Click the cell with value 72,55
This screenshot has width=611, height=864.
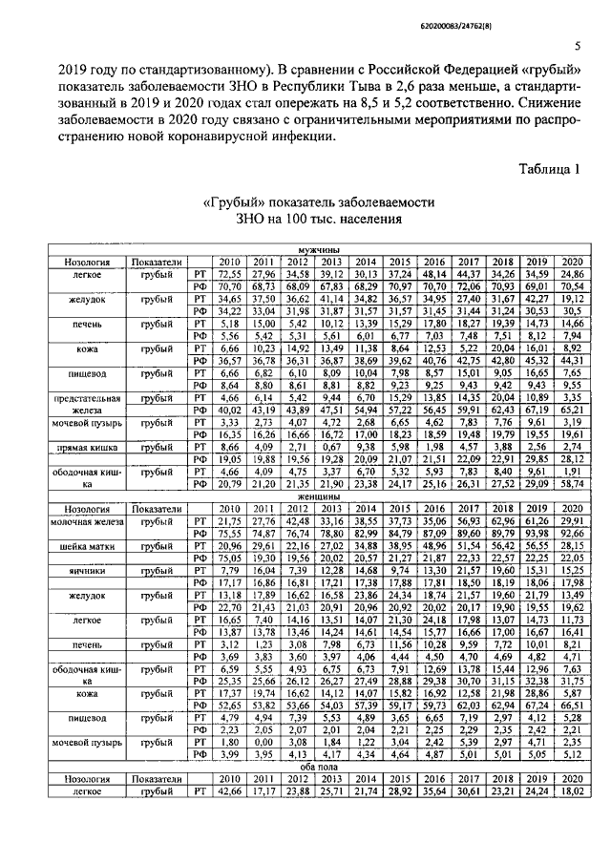[229, 273]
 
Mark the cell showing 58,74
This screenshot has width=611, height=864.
[572, 484]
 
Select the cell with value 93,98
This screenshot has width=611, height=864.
[537, 534]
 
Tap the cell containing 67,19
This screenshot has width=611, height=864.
[537, 410]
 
